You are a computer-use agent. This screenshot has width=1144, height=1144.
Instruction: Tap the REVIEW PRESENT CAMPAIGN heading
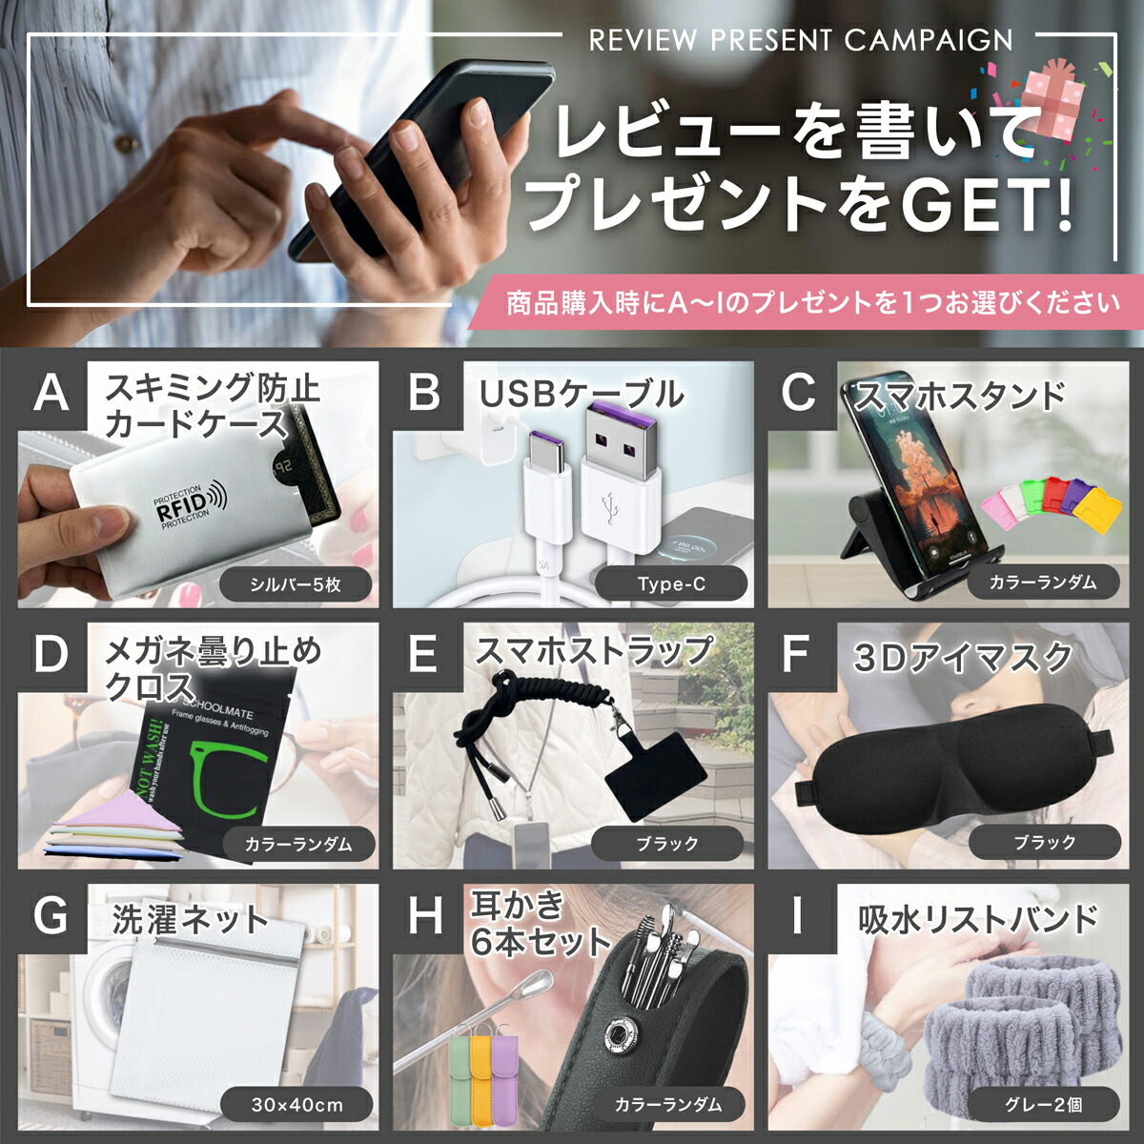pos(800,40)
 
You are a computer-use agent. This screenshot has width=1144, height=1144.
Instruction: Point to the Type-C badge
pos(671,583)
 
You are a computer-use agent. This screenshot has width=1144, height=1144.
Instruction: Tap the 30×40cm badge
pos(296,1105)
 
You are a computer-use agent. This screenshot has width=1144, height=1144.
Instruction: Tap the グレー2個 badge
pos(1044,1105)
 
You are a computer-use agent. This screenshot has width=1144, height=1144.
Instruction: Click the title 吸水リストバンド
pos(977,920)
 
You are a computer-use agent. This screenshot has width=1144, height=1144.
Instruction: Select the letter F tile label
pos(795,655)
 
